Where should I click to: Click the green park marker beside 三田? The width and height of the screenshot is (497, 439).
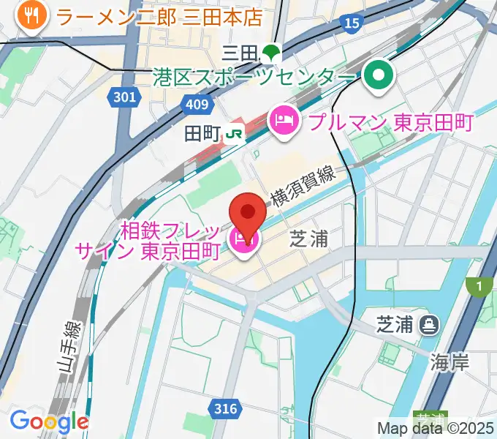pyautogui.click(x=271, y=52)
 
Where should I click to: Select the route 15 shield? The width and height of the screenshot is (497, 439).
pyautogui.click(x=352, y=23)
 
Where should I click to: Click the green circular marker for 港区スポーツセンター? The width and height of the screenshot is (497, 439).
pyautogui.click(x=379, y=75)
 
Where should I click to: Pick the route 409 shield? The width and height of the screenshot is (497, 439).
pyautogui.click(x=197, y=105)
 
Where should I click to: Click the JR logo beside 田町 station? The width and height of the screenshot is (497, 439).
pyautogui.click(x=234, y=133)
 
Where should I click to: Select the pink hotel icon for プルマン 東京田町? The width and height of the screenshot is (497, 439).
pyautogui.click(x=283, y=121)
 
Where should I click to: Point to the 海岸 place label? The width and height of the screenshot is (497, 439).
pyautogui.click(x=449, y=361)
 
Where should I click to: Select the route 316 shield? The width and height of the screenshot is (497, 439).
pyautogui.click(x=226, y=408)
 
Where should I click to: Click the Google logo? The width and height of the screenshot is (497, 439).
pyautogui.click(x=49, y=421)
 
